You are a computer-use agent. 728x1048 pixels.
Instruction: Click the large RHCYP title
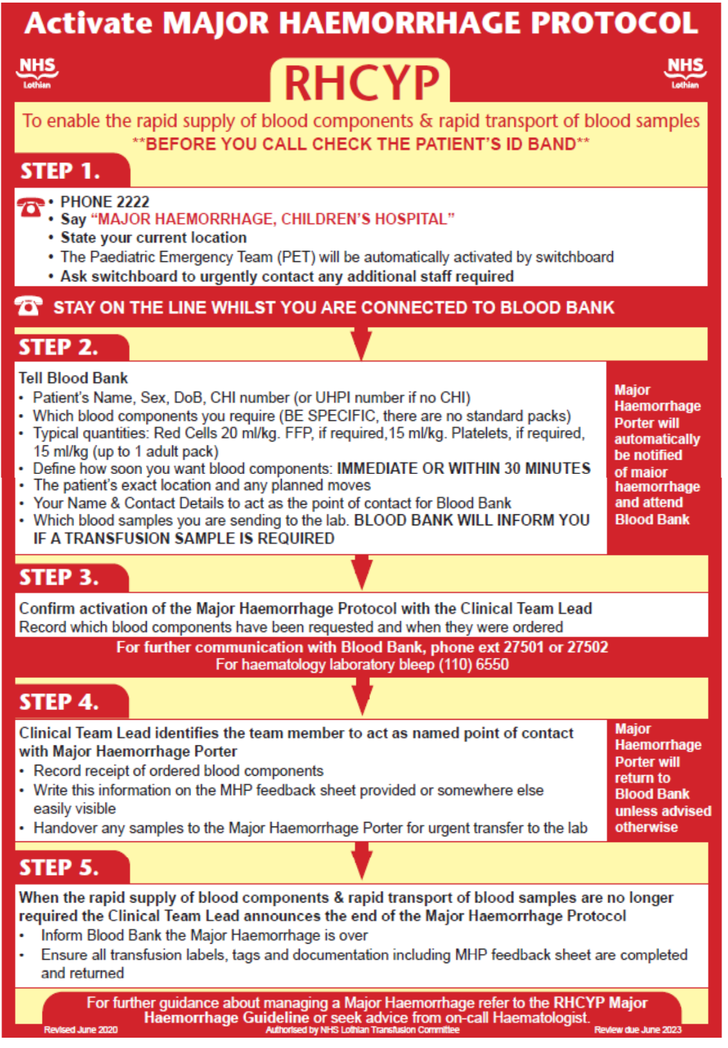pyautogui.click(x=361, y=84)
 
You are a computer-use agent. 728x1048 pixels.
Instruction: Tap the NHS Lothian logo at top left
pyautogui.click(x=37, y=72)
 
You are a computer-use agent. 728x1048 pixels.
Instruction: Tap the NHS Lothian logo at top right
pyautogui.click(x=685, y=72)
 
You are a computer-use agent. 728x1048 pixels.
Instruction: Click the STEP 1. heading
pyautogui.click(x=60, y=171)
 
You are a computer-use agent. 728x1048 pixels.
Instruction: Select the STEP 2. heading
pyautogui.click(x=59, y=348)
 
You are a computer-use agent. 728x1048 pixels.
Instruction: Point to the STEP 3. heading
pyautogui.click(x=59, y=577)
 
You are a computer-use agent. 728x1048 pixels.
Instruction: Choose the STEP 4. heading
pyautogui.click(x=59, y=702)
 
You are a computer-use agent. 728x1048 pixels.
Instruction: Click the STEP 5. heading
pyautogui.click(x=59, y=868)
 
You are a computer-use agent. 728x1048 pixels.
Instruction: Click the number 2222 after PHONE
pyautogui.click(x=133, y=202)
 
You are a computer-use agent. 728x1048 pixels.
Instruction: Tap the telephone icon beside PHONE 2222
pyautogui.click(x=30, y=207)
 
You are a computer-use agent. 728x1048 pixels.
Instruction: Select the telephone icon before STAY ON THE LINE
pyautogui.click(x=29, y=306)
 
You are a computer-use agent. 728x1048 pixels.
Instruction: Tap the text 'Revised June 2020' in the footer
pyautogui.click(x=80, y=1030)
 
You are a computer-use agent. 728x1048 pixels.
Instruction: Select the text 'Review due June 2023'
pyautogui.click(x=637, y=1030)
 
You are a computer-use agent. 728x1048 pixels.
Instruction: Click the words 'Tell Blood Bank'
pyautogui.click(x=73, y=378)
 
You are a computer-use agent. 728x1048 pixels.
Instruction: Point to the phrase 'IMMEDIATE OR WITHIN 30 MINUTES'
pyautogui.click(x=464, y=468)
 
